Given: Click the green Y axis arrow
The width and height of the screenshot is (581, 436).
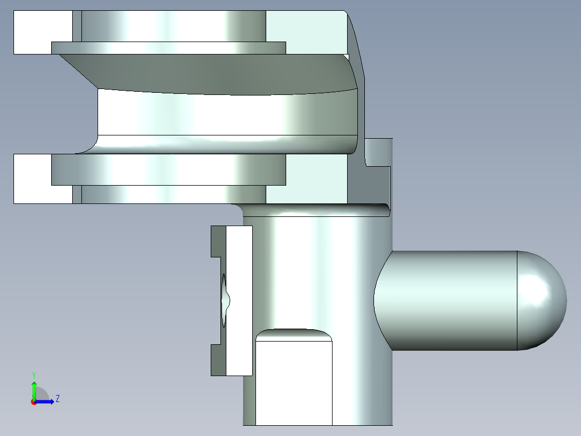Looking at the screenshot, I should coord(34,389).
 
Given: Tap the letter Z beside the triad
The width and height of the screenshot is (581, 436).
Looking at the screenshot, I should coord(57,399).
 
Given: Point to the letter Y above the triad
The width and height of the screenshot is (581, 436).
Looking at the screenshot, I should coord(33,374).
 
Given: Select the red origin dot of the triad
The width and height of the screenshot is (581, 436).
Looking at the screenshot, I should coord(34,401).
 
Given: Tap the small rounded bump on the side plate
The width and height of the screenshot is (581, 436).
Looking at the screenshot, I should coord(227,299).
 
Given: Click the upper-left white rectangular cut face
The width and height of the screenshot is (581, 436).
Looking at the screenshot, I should coord(43,32).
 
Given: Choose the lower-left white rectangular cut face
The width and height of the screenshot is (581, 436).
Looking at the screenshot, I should coord(43,179).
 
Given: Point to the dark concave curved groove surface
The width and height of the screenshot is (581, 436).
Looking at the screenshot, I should coord(216,73).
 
